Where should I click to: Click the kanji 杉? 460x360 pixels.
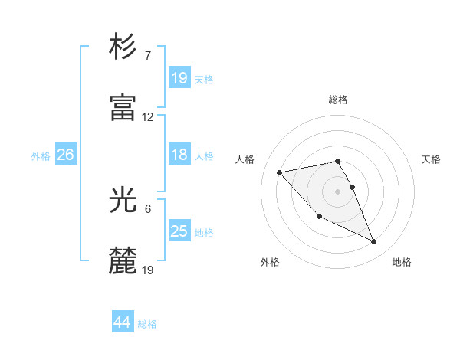coord(123,47)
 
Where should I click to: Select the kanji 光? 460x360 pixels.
coord(123,201)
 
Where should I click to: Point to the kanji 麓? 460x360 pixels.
coord(123,261)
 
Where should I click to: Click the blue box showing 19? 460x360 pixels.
coord(179,77)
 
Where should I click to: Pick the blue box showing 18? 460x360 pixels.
coord(179,155)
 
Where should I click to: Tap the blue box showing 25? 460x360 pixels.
coord(179,231)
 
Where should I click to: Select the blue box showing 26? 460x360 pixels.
coord(65,155)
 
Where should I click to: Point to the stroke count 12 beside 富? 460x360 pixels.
coord(148,117)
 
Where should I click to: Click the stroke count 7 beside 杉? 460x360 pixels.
coord(148,56)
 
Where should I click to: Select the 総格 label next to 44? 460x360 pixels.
coord(147,324)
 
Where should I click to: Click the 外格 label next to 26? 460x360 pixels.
coord(41,156)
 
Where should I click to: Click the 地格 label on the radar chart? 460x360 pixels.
coord(402,262)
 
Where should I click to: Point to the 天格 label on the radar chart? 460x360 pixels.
coord(431,159)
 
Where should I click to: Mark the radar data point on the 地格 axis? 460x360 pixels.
coord(374,242)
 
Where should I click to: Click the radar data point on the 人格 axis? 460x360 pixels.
coord(279,172)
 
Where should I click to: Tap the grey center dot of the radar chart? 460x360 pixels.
coord(337,191)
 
